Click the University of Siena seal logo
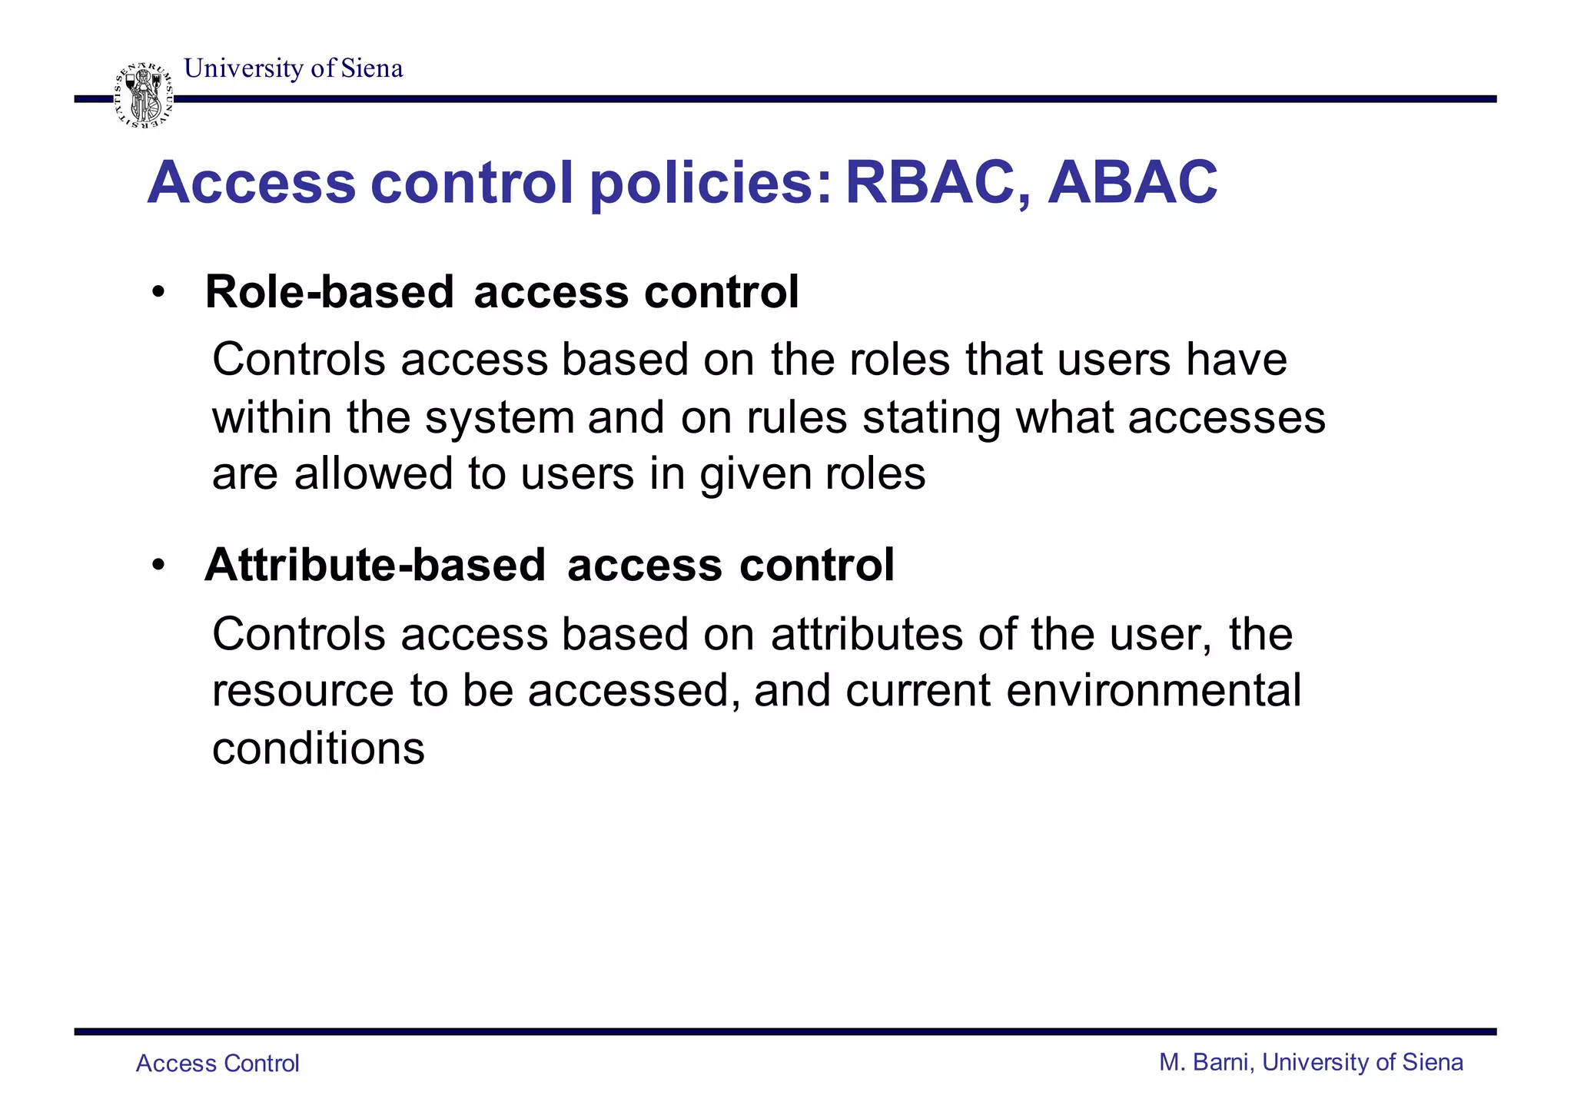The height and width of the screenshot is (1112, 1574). pos(144,95)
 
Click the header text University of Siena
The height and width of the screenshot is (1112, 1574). pos(293,68)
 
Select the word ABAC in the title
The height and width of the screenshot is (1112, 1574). pos(1132,183)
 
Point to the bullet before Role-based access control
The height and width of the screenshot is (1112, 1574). pos(158,293)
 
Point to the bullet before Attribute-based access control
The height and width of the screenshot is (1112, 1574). pos(158,566)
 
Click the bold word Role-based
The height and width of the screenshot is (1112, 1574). pos(330,292)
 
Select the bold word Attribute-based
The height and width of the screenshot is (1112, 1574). pos(375,565)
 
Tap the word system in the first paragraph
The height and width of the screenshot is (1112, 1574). pos(500,417)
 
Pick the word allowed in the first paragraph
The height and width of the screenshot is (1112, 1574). pos(374,473)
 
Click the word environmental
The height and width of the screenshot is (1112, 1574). pos(1153,690)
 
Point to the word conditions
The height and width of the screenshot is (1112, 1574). pos(318,748)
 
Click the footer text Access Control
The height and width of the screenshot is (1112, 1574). pos(218,1064)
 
